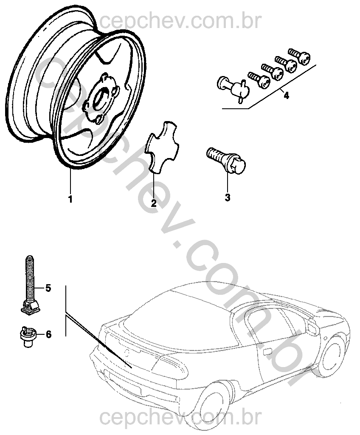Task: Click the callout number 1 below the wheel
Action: [70, 199]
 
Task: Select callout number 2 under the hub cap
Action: [154, 203]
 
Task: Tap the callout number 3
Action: [228, 198]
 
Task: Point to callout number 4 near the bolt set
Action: [286, 96]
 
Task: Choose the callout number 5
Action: [48, 288]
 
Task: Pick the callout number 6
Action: [48, 334]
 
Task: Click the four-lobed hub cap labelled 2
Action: [163, 147]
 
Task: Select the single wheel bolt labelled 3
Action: [226, 160]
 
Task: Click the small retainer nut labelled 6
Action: [28, 336]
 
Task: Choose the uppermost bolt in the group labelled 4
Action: [299, 56]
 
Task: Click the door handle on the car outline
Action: [267, 352]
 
